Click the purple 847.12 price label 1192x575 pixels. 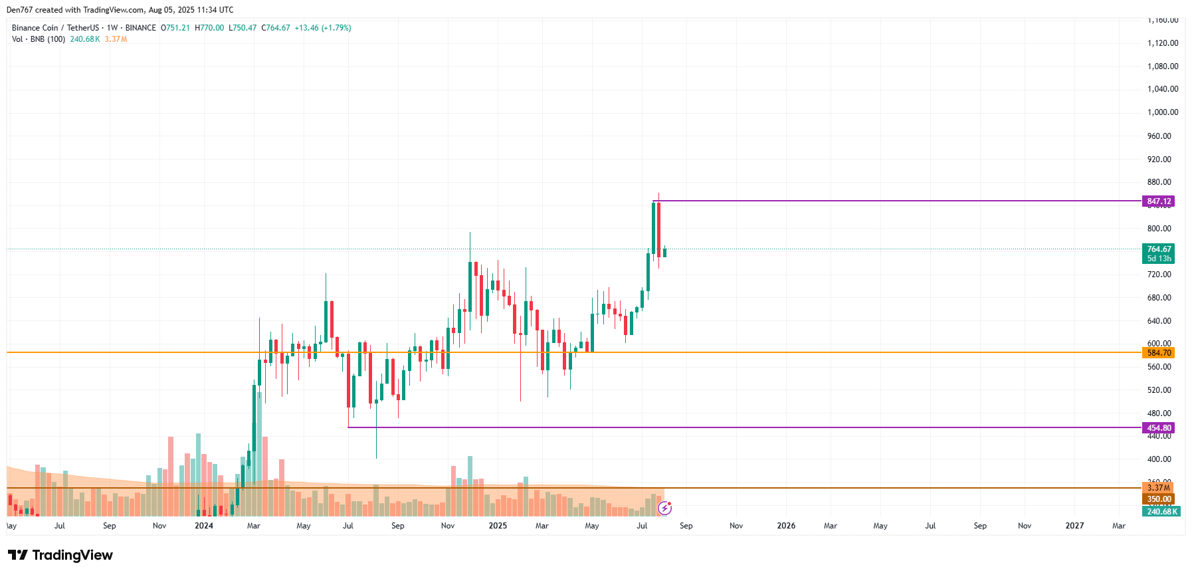click(x=1158, y=201)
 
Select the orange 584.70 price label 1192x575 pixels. click(x=1158, y=353)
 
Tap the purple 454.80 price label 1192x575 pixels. click(x=1158, y=428)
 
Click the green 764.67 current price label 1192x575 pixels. click(x=1159, y=249)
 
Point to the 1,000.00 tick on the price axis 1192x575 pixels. click(x=1162, y=112)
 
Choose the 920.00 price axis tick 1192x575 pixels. click(x=1159, y=160)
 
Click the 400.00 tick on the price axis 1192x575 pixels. click(x=1159, y=459)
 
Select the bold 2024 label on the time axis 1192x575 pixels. click(x=204, y=526)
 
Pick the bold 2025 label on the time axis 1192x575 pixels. click(x=498, y=526)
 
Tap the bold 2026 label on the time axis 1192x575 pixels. click(x=786, y=526)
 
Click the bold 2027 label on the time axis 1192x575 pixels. click(x=1074, y=526)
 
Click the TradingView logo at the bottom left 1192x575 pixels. click(x=60, y=555)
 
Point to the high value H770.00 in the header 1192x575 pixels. click(x=209, y=28)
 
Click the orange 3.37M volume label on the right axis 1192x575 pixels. click(x=1158, y=488)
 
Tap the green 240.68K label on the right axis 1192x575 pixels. click(x=1161, y=512)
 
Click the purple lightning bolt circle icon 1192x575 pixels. click(x=664, y=509)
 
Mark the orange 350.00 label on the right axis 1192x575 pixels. click(x=1158, y=499)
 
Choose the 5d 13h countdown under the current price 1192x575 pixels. click(x=1159, y=259)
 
